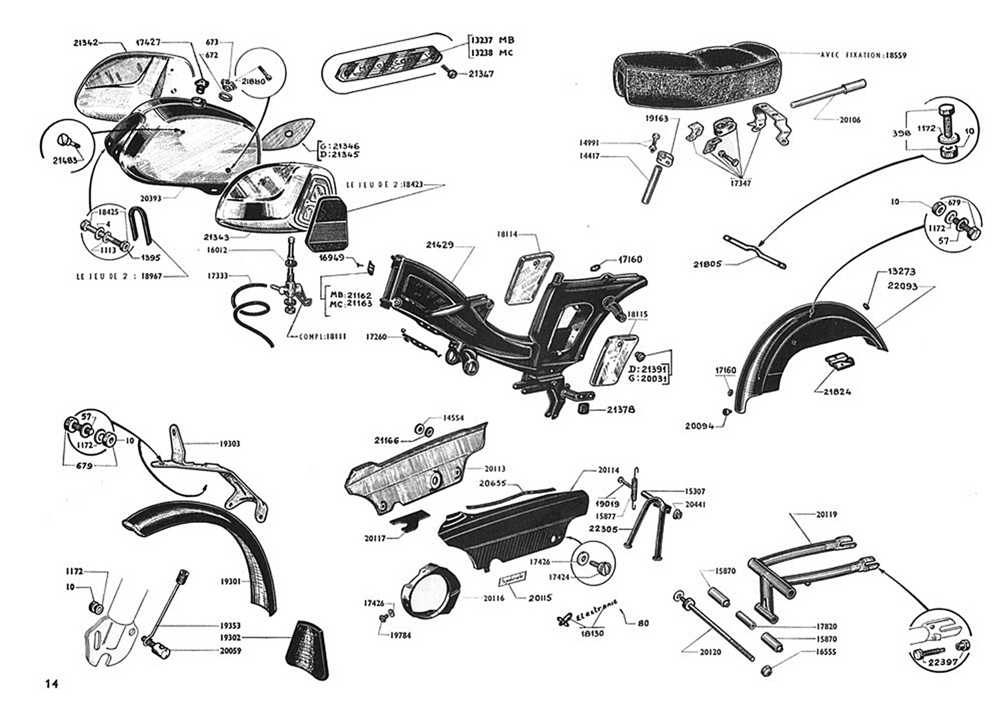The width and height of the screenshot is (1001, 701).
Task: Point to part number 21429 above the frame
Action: pos(440,245)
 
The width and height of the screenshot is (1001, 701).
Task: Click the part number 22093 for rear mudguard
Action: pos(903,286)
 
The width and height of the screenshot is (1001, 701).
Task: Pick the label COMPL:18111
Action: pos(322,337)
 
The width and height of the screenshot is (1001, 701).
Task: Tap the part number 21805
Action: pos(708,264)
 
